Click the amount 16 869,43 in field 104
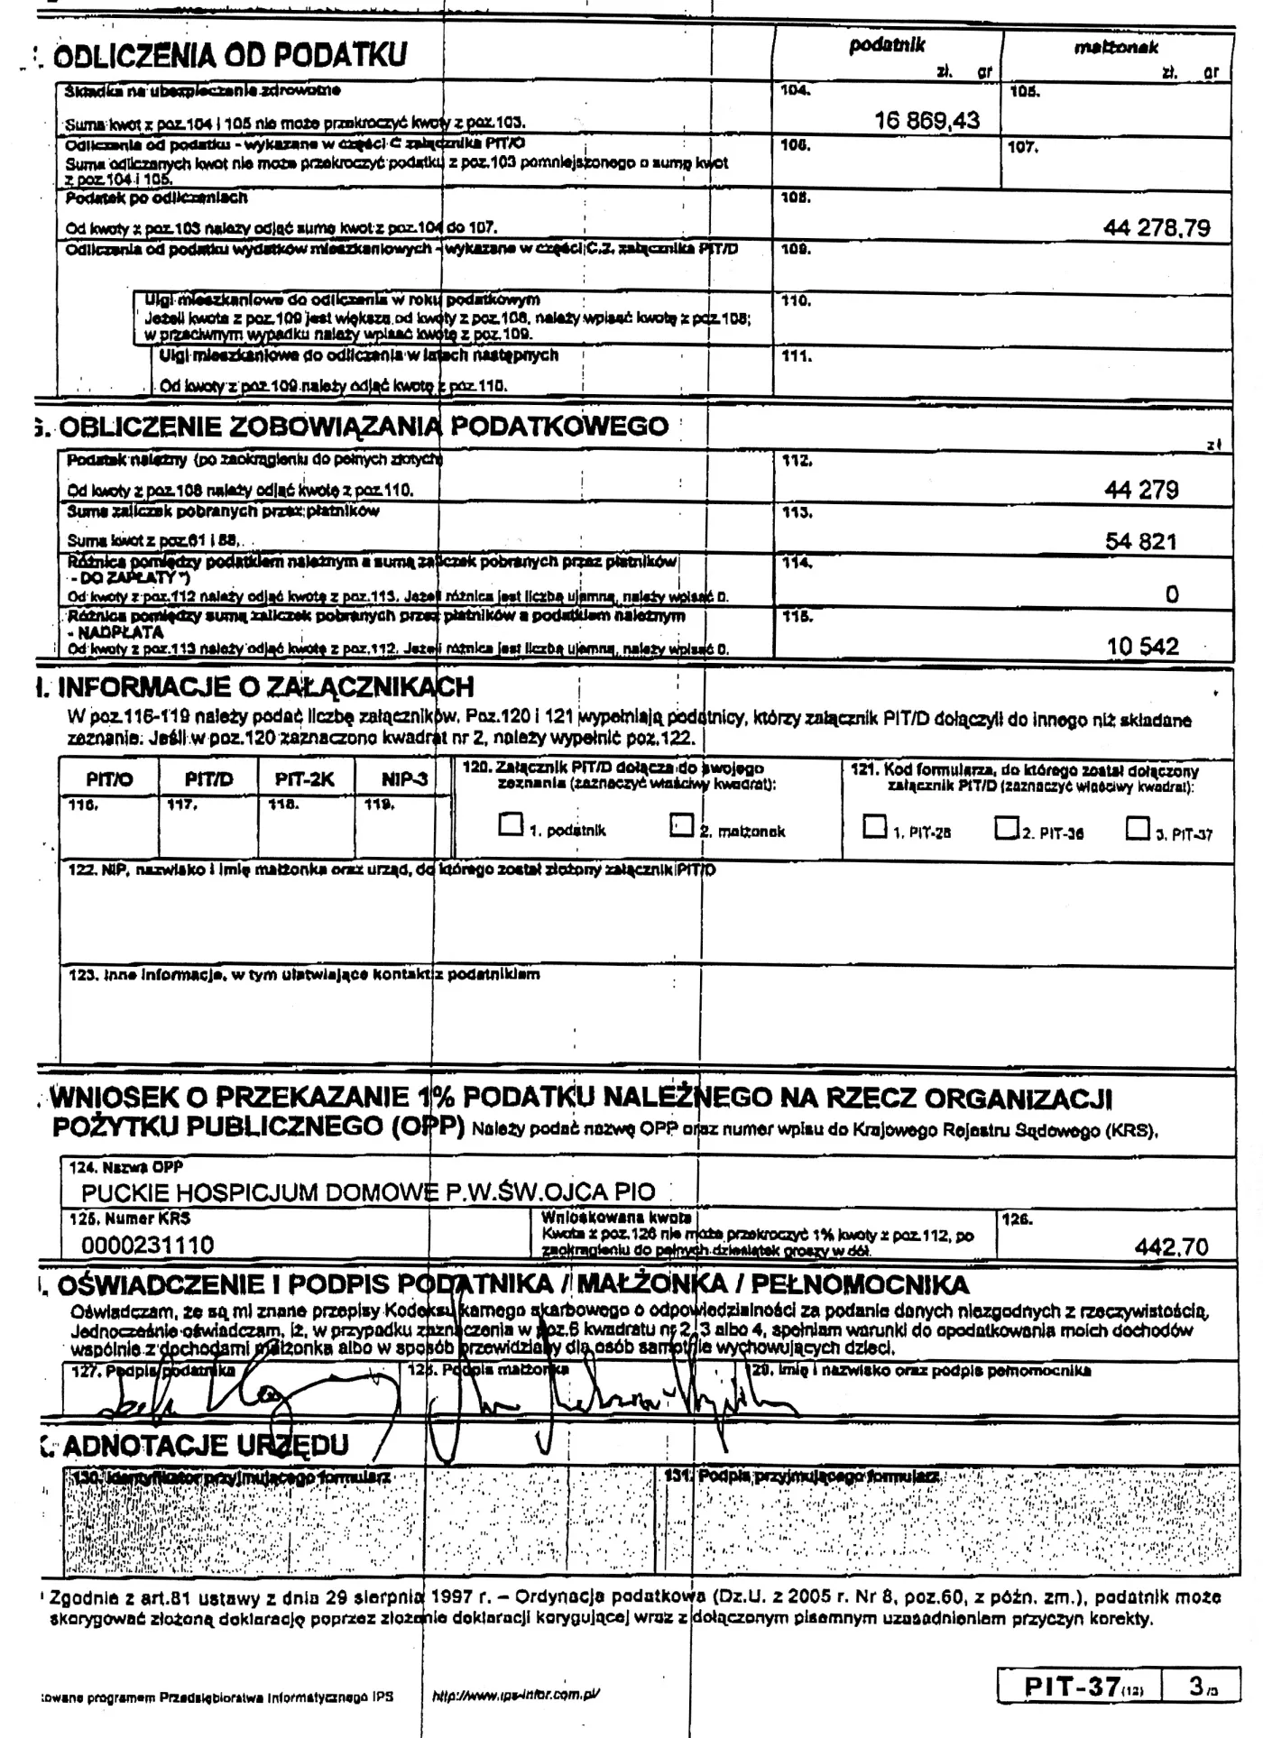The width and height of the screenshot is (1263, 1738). click(927, 121)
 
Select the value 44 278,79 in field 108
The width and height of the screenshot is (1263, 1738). click(1157, 228)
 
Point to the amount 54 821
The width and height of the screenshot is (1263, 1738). click(1141, 541)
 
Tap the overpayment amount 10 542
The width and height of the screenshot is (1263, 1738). click(1142, 646)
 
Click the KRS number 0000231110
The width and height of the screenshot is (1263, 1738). click(148, 1246)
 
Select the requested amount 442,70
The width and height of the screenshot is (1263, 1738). click(1171, 1247)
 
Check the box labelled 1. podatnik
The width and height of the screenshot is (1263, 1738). click(511, 824)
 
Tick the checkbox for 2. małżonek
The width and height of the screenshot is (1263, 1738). click(681, 824)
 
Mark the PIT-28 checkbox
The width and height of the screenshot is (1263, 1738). click(874, 826)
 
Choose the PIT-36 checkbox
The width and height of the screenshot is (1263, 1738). click(1006, 826)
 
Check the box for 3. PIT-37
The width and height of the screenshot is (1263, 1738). click(1138, 827)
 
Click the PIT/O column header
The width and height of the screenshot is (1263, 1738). click(110, 779)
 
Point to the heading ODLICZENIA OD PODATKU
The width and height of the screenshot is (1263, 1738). click(230, 56)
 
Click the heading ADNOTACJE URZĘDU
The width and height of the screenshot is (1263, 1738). click(206, 1446)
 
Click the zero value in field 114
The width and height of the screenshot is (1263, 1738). click(1172, 594)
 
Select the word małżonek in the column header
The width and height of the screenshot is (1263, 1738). click(1116, 48)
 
